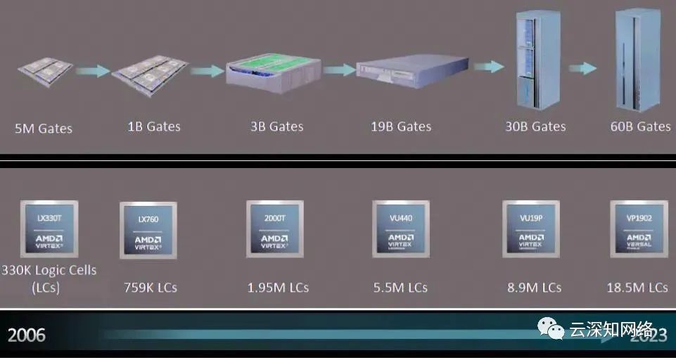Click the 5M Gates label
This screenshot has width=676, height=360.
[44, 129]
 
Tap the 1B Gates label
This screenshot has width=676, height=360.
[154, 127]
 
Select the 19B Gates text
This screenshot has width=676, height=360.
[401, 127]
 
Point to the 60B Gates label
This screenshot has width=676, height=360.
[640, 127]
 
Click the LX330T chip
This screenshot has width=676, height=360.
[50, 230]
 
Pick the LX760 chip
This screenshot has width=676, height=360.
[148, 230]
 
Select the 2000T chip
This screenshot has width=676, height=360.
[274, 229]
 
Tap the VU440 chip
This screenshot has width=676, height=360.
[400, 229]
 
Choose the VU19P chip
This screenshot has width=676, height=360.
[530, 229]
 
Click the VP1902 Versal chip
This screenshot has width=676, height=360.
[639, 229]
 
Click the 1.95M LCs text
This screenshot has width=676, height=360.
[278, 288]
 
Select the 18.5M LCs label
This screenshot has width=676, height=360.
[637, 288]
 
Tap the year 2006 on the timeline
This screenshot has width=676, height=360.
[27, 335]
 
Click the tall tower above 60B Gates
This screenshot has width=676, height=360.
[632, 61]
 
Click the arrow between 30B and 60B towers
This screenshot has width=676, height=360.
[583, 68]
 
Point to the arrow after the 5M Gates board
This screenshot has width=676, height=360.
[93, 70]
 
